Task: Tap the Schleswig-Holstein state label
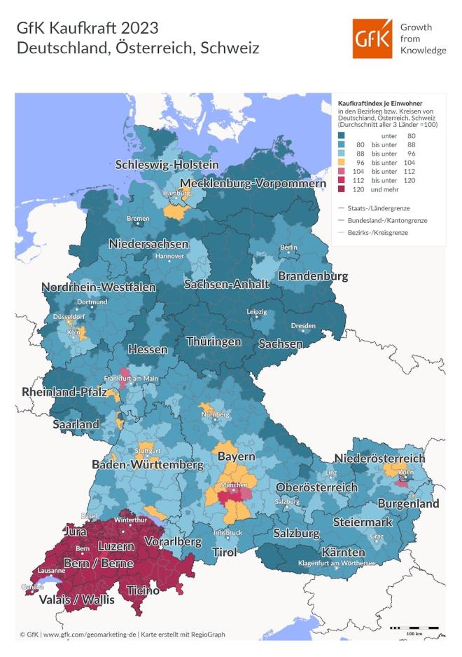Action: coord(167,165)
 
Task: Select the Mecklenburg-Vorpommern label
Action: coord(253,184)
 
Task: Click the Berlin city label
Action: coord(288,248)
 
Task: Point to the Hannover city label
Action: coord(169,256)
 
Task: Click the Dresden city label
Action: coord(302,326)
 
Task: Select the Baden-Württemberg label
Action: coord(148,464)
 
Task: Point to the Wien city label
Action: coord(405,473)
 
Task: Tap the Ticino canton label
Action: coord(143,590)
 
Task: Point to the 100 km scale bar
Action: coord(414,627)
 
